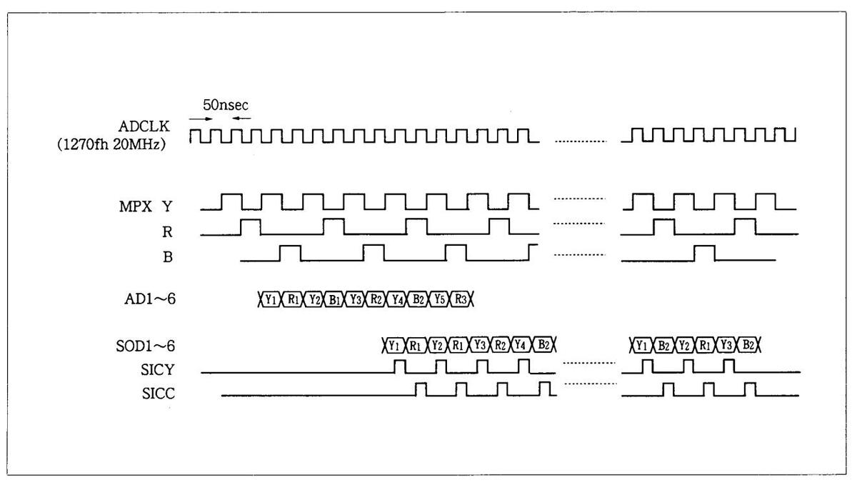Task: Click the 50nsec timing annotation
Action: (225, 105)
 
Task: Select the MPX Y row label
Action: (147, 206)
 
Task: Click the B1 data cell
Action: (334, 300)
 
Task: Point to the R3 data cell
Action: (459, 300)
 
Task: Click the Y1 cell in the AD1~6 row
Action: (270, 300)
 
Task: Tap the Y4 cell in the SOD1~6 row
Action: (521, 346)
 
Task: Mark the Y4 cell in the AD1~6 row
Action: (396, 300)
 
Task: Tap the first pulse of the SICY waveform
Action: (400, 366)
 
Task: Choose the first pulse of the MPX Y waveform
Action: (231, 201)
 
